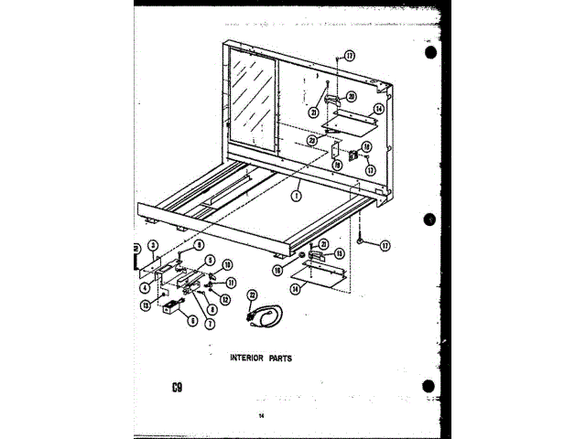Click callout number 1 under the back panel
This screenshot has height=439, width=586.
pos(298,194)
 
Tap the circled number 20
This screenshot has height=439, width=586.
pos(352,97)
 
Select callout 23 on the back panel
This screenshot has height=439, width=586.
pos(312,141)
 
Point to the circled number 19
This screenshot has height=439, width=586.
pos(337,166)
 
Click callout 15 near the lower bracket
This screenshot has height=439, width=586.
pos(339,253)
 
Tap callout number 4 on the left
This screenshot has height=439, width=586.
pos(145,289)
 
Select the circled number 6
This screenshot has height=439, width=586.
pos(193,320)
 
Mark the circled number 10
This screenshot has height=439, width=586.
pos(227,264)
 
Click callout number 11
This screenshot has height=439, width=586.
pos(232,283)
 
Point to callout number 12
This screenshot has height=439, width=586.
pos(225,300)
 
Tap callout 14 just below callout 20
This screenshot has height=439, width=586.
pos(378,109)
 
